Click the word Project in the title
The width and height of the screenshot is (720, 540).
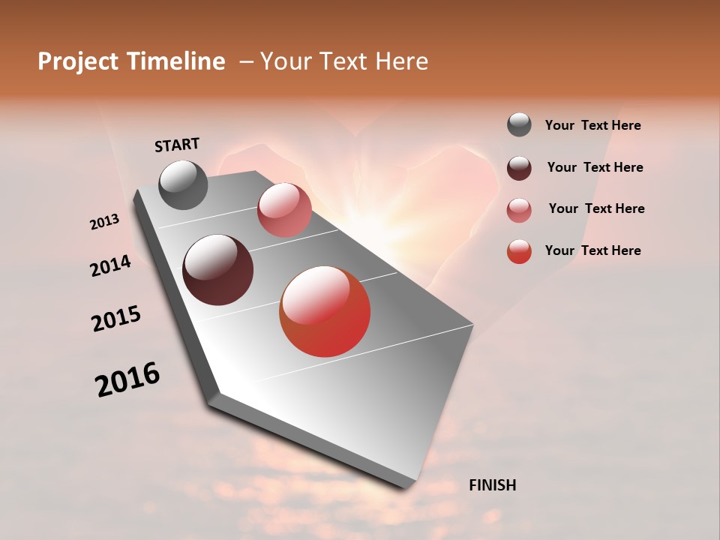(77, 61)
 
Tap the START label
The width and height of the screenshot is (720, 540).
(177, 145)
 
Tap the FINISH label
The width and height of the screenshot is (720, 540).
(492, 485)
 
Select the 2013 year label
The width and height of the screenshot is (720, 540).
(105, 222)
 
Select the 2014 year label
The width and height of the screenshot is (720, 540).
(111, 265)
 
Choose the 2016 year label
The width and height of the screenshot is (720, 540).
(127, 379)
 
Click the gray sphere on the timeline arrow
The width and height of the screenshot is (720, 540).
(184, 184)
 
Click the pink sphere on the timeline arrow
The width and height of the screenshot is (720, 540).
(284, 210)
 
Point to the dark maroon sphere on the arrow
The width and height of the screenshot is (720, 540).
(218, 270)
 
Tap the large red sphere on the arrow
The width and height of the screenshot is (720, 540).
(325, 311)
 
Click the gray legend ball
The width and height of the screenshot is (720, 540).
(519, 125)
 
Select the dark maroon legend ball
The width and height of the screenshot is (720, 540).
(519, 167)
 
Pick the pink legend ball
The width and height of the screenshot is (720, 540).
(519, 209)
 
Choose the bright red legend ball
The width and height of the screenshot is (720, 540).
(519, 250)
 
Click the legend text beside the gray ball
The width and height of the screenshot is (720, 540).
(592, 125)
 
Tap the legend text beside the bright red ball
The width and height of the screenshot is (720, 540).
(592, 250)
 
